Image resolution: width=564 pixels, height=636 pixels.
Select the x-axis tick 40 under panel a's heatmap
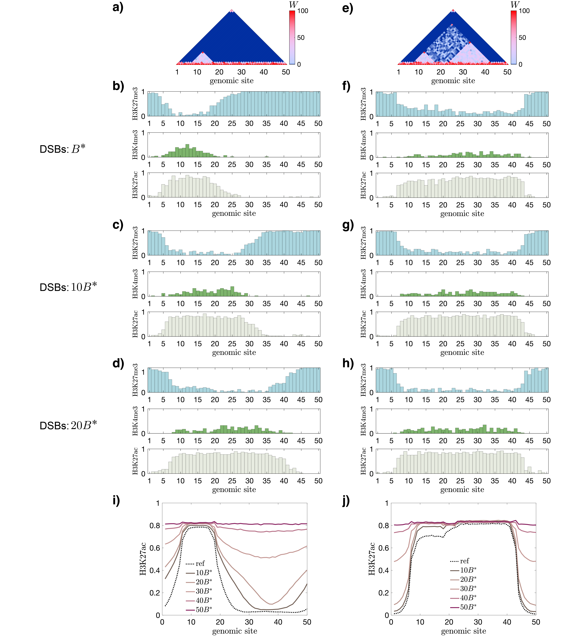264,72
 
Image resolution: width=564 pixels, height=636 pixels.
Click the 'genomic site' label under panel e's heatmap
453,81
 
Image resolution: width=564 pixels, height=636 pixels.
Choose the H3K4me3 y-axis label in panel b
135,145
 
